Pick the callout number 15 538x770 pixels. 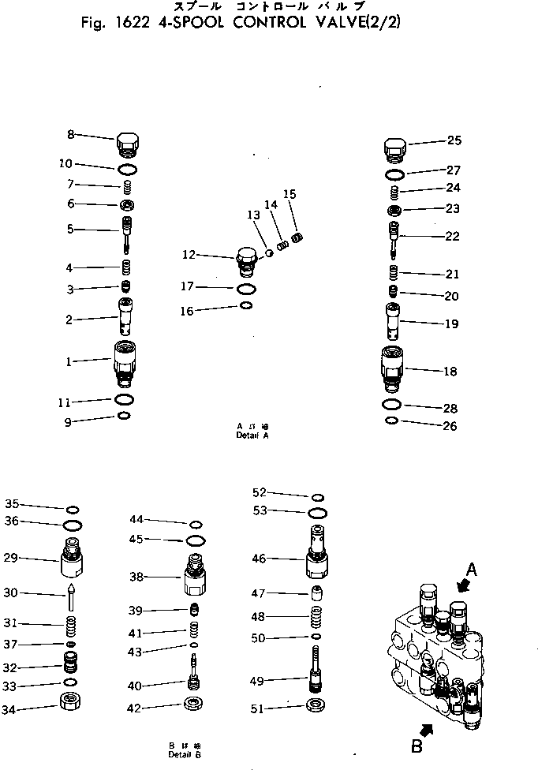[290, 193]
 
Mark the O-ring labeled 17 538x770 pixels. [246, 289]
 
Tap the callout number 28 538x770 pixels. [451, 408]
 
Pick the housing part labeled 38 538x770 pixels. [194, 577]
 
